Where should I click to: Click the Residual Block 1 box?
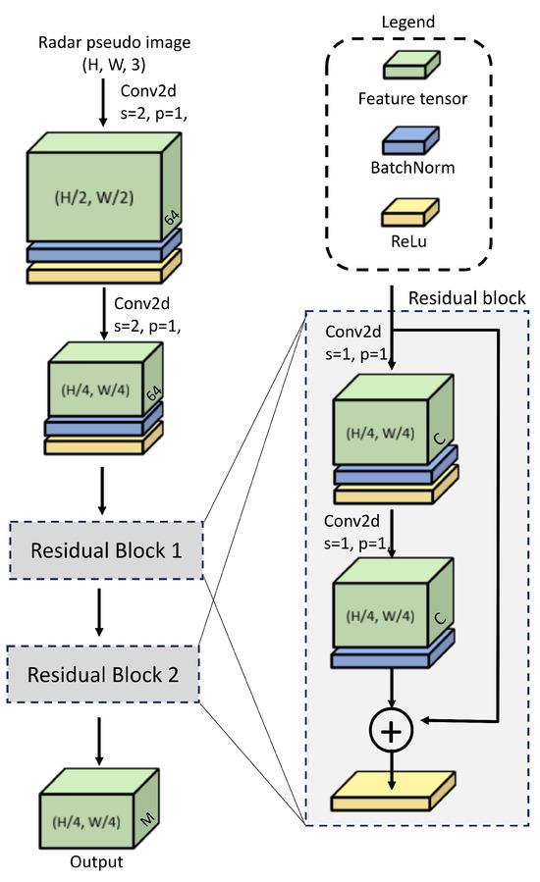pos(106,550)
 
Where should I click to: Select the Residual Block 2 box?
pos(103,674)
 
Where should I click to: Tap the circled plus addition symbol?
pos(392,730)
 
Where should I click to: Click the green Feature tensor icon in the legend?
pos(411,64)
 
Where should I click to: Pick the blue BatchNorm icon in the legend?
pos(411,140)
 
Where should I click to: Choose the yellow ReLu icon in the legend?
pos(410,213)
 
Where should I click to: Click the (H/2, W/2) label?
pos(94,197)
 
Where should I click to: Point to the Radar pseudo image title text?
pos(114,43)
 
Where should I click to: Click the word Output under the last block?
pos(96,861)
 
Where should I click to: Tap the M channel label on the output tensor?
pos(147,820)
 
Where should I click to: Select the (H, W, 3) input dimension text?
pos(114,66)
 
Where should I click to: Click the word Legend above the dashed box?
pos(408,22)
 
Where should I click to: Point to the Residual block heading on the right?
pos(466,298)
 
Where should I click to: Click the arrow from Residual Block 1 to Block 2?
pos(99,612)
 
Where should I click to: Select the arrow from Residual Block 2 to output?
pos(99,741)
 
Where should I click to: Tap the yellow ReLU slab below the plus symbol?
pos(393,791)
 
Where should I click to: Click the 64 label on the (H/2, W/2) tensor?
pos(172,217)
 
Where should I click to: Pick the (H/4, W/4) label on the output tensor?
pos(86,822)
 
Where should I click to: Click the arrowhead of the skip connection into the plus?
pos(425,720)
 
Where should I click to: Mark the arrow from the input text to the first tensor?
pos(102,102)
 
